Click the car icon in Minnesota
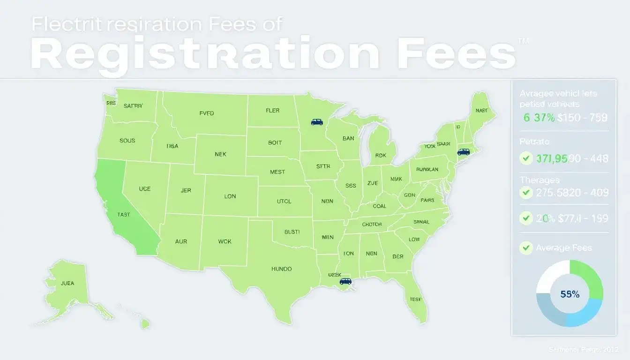click(317, 122)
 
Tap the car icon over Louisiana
click(345, 281)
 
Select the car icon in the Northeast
click(463, 152)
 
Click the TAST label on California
click(124, 214)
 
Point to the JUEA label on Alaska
click(67, 283)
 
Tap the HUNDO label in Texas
click(281, 269)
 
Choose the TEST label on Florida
click(415, 299)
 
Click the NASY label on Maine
click(481, 111)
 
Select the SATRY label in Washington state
click(133, 106)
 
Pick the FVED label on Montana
click(206, 113)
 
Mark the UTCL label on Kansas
click(284, 201)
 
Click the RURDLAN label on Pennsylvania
click(427, 170)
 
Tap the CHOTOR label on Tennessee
click(372, 225)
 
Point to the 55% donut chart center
click(570, 294)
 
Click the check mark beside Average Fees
click(526, 248)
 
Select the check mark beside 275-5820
click(526, 192)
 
